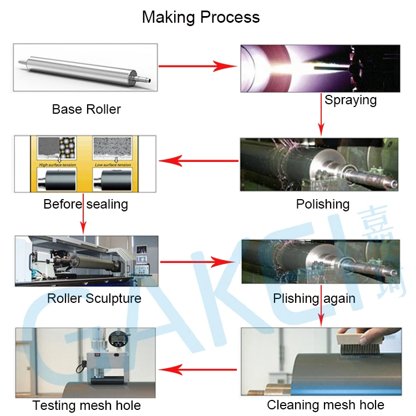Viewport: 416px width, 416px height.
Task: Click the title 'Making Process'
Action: tap(201, 17)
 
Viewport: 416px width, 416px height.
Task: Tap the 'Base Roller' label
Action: tap(86, 109)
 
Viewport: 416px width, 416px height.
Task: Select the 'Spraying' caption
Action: tap(351, 100)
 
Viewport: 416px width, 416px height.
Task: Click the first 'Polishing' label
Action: tap(322, 204)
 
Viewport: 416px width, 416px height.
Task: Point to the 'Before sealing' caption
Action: tap(85, 204)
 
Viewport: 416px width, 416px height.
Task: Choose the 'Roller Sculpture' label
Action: tap(94, 298)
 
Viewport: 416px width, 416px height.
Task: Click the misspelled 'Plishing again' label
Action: tap(314, 298)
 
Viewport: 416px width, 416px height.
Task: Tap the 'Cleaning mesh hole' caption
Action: tap(326, 405)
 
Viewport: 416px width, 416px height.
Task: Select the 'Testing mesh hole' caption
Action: tap(87, 405)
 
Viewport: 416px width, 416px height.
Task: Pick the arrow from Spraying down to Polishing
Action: tap(321, 114)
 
